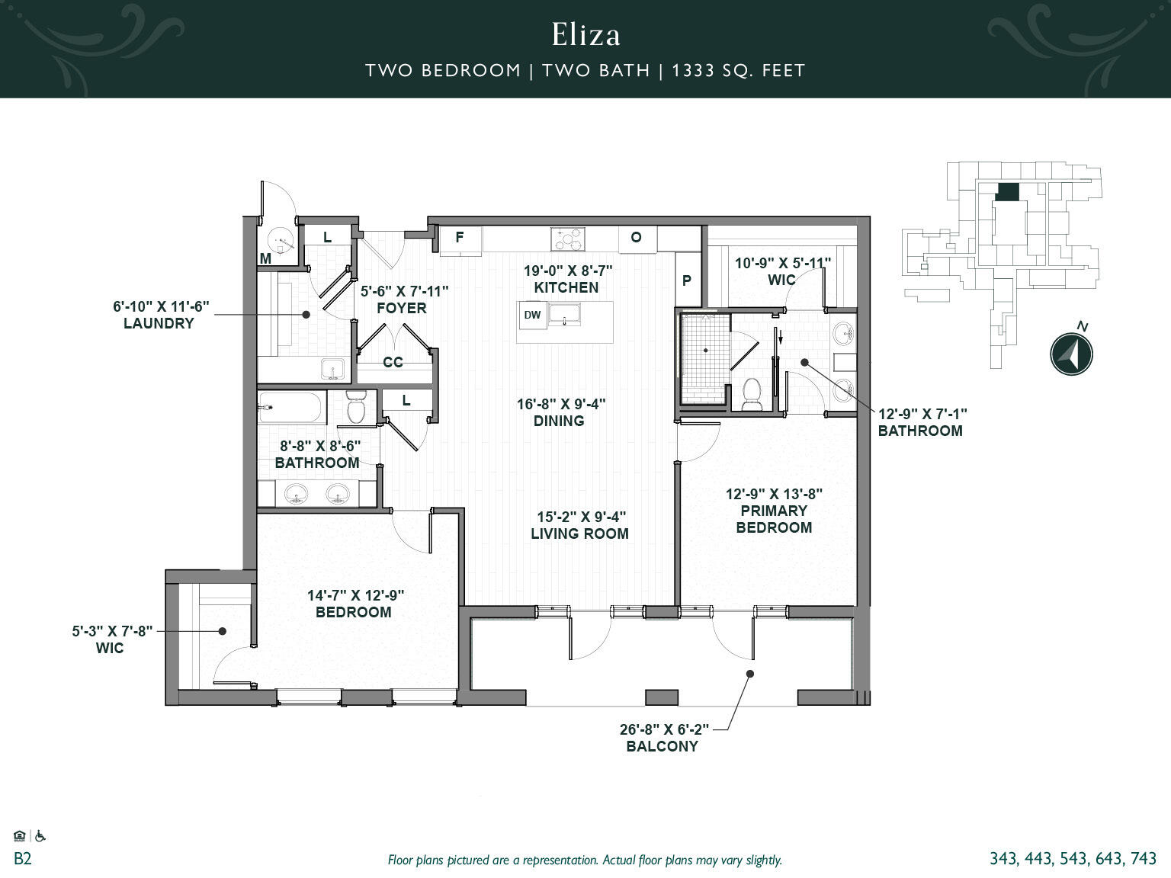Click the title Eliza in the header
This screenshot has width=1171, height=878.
585,34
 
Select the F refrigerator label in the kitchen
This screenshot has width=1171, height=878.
460,237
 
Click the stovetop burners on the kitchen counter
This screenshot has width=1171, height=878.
569,239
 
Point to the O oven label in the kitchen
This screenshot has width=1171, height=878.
636,237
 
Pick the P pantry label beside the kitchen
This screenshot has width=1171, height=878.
687,280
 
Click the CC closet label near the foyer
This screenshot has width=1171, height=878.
393,362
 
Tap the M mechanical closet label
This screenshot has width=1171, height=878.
265,258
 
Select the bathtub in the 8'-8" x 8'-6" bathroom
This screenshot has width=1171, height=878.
291,408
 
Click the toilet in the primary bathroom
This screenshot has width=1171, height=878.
752,393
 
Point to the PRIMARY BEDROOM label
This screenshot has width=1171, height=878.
773,519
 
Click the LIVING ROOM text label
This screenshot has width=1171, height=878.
579,534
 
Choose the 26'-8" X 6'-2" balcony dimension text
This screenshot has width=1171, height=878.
664,729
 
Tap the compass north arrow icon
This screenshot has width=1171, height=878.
1071,354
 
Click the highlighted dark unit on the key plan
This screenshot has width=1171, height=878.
1007,192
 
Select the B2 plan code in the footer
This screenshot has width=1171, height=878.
23,859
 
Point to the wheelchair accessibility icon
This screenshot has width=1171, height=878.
40,836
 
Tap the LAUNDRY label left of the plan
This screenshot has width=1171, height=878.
159,323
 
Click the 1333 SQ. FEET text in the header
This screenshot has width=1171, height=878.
738,71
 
